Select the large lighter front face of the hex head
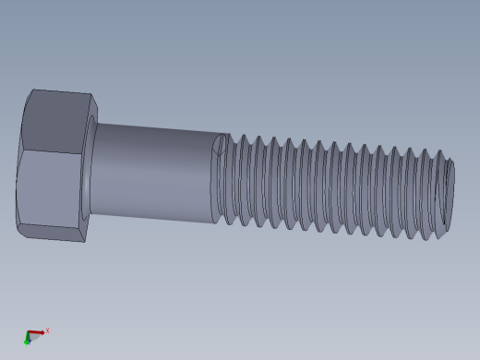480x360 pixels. click(x=51, y=189)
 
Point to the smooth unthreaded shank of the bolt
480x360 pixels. click(x=152, y=171)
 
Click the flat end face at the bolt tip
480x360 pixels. click(x=450, y=197)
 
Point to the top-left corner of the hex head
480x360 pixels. click(x=33, y=90)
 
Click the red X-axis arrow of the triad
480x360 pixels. click(x=37, y=332)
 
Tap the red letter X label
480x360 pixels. click(x=47, y=330)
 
